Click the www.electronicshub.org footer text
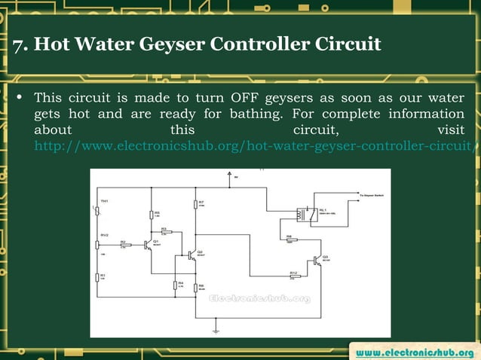click(x=415, y=352)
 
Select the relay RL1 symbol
click(x=305, y=215)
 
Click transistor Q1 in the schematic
click(x=149, y=246)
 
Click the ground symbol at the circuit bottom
click(x=216, y=330)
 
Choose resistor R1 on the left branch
click(x=99, y=278)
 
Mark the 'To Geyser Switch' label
click(x=372, y=194)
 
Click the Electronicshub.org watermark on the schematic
click(x=259, y=298)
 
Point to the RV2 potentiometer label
click(x=104, y=234)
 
